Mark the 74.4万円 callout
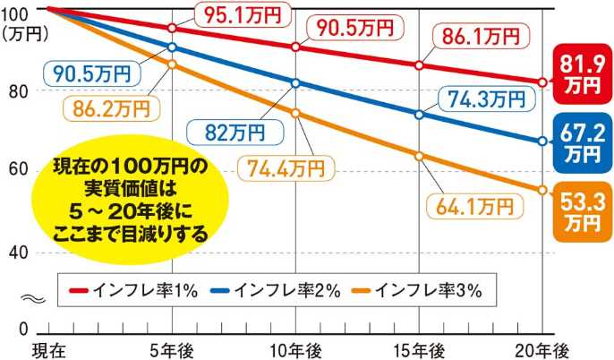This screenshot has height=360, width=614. pyautogui.click(x=286, y=168)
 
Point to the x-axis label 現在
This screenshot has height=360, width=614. pyautogui.click(x=47, y=347)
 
